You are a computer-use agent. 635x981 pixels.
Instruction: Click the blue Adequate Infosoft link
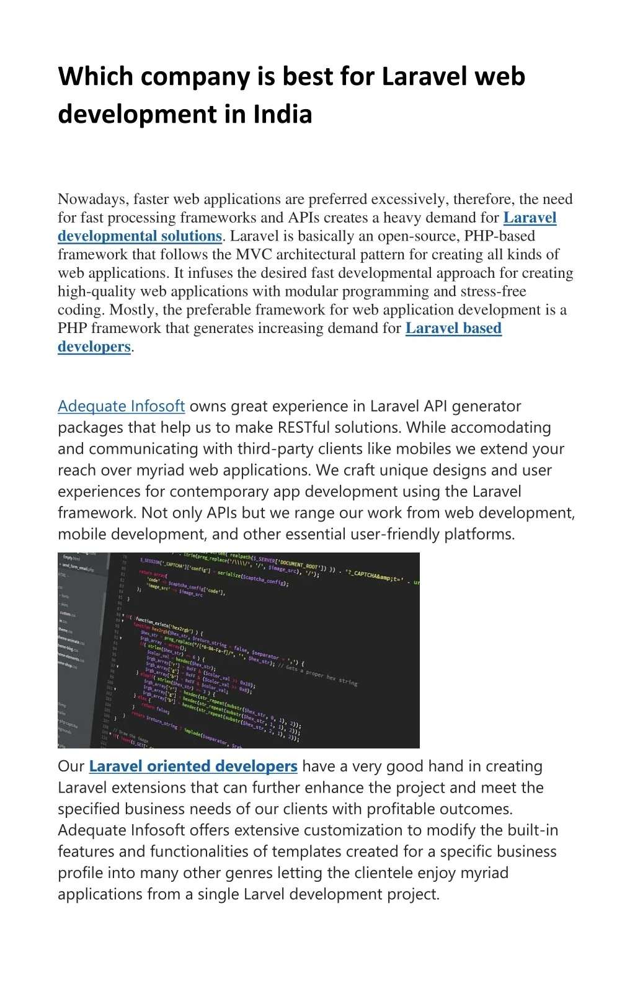pyautogui.click(x=121, y=406)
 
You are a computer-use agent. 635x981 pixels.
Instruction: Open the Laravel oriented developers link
pyautogui.click(x=193, y=766)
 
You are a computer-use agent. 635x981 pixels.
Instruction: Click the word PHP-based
pyautogui.click(x=499, y=236)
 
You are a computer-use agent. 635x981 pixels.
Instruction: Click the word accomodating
pyautogui.click(x=502, y=428)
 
